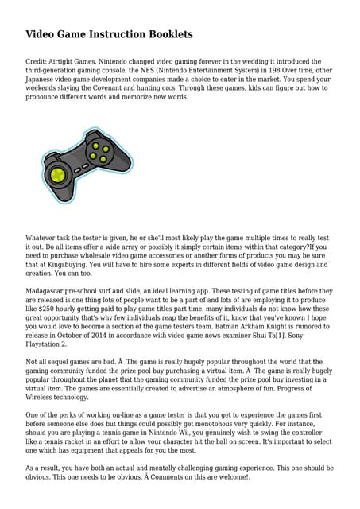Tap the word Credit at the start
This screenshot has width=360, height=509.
click(37, 61)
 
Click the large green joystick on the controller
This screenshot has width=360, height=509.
click(56, 173)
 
